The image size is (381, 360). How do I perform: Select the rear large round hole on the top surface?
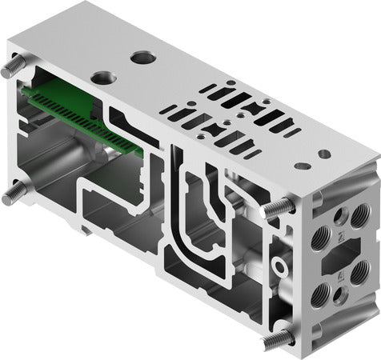click(x=142, y=57)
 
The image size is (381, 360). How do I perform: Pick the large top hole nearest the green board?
click(x=103, y=78)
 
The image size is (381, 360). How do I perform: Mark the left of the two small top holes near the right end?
click(x=302, y=166)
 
